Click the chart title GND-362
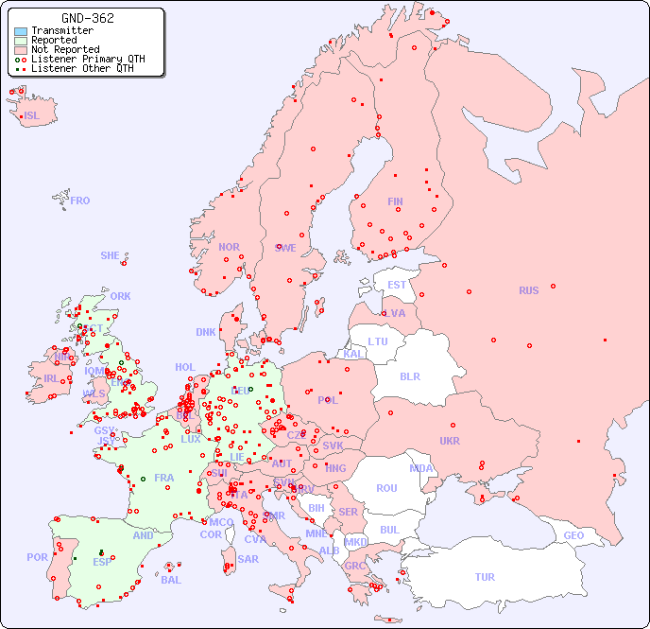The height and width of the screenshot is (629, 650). click(x=88, y=18)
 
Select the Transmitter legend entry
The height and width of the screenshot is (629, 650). click(x=61, y=30)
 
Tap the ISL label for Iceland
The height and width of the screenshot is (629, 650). click(x=32, y=116)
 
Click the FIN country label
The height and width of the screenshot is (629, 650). click(x=395, y=201)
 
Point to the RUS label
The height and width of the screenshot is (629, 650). click(x=528, y=290)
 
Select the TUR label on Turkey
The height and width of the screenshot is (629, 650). click(x=485, y=577)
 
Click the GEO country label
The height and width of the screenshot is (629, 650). click(x=573, y=535)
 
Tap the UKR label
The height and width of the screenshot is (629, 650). click(x=450, y=441)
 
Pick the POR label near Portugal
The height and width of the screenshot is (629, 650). click(x=37, y=557)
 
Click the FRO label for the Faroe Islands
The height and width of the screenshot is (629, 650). click(x=80, y=201)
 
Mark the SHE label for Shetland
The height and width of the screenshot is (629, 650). click(x=111, y=255)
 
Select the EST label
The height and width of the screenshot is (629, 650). click(x=397, y=285)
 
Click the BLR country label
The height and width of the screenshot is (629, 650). click(x=409, y=376)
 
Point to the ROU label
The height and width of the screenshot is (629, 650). click(x=386, y=488)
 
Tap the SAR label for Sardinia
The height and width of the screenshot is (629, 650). click(x=248, y=559)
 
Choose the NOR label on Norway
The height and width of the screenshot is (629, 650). click(x=229, y=247)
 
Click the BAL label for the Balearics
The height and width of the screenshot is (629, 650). click(x=171, y=580)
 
